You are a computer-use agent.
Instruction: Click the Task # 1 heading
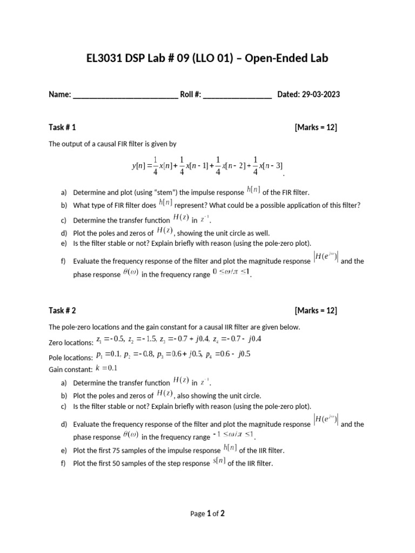click(x=62, y=127)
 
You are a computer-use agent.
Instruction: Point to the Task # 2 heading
click(x=62, y=311)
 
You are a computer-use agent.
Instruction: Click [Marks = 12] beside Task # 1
click(x=316, y=127)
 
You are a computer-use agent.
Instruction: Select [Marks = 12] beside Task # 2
click(x=316, y=311)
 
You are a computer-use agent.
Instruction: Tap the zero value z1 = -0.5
click(x=110, y=339)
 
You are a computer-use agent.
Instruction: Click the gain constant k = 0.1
click(x=106, y=368)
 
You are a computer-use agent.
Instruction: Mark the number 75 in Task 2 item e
click(x=126, y=450)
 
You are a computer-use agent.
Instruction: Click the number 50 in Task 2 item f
click(x=126, y=463)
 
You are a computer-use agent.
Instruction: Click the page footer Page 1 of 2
click(x=207, y=514)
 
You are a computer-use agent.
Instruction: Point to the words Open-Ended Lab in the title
click(x=286, y=58)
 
